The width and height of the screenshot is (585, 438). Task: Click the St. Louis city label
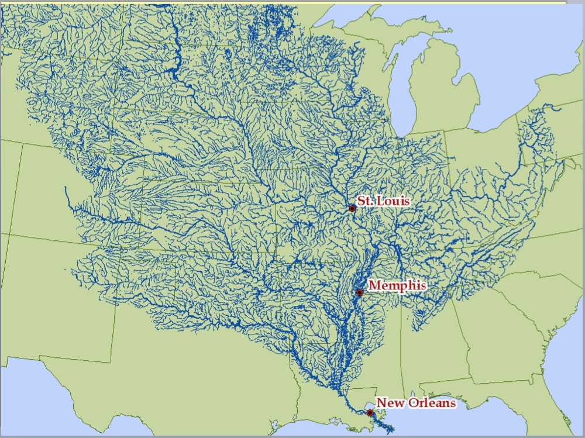click(x=384, y=201)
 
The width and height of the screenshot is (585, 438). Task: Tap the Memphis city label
click(x=397, y=285)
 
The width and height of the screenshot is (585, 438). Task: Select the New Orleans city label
click(x=415, y=403)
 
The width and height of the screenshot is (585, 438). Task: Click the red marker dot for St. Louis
click(x=352, y=208)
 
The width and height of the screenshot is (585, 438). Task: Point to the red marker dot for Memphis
click(x=360, y=292)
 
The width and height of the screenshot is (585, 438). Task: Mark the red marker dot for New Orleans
click(x=370, y=413)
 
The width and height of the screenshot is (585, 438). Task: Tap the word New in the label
click(x=386, y=403)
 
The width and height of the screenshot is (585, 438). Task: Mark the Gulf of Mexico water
click(x=456, y=424)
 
